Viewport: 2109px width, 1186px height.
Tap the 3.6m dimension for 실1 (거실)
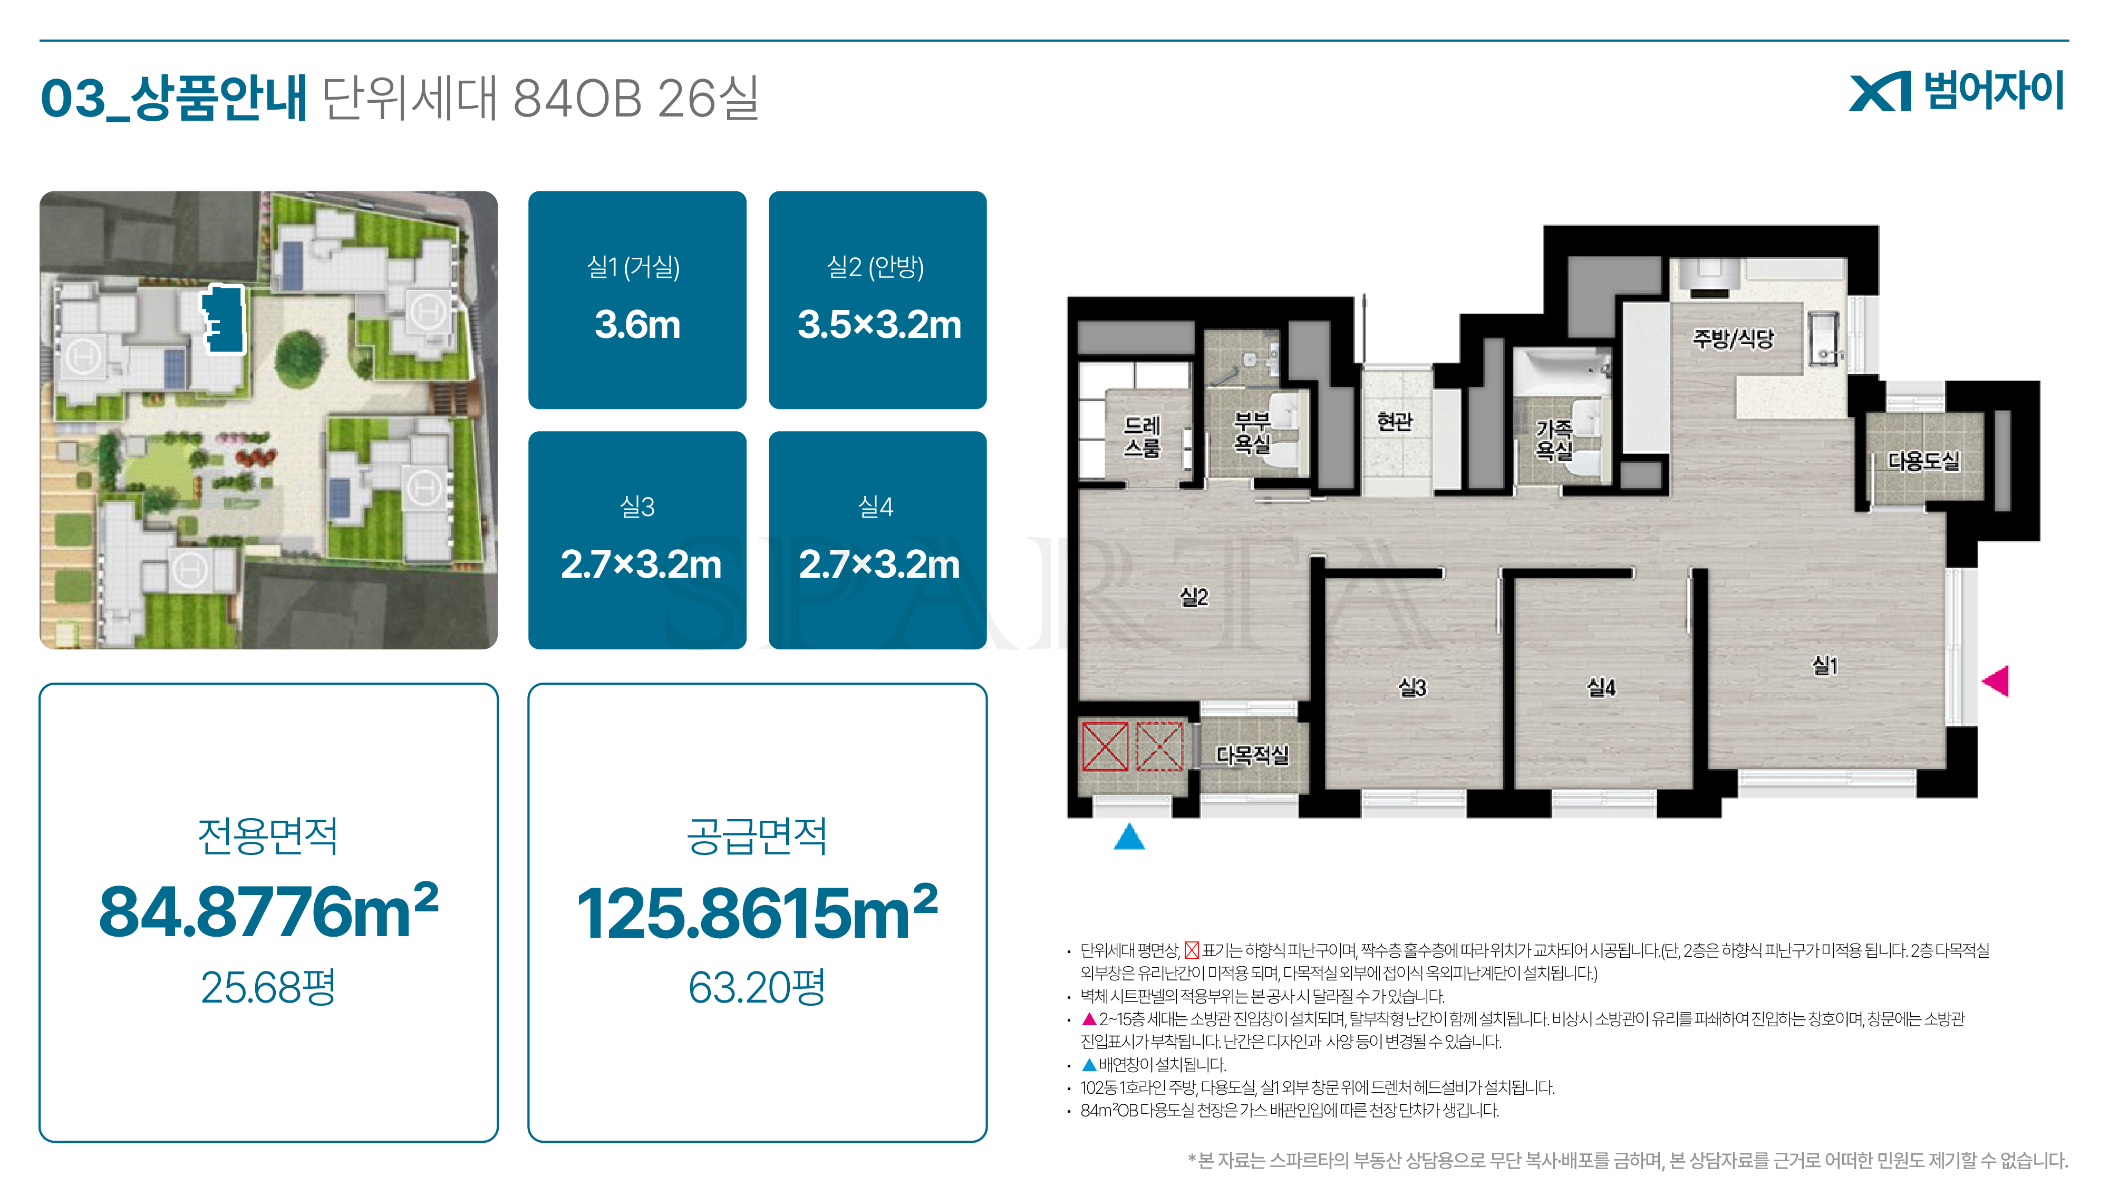pyautogui.click(x=637, y=325)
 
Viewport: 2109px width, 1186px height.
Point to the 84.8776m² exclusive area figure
pyautogui.click(x=268, y=911)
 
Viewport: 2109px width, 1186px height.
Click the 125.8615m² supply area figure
pyautogui.click(x=757, y=911)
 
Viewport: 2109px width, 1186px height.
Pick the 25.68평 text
pyautogui.click(x=268, y=987)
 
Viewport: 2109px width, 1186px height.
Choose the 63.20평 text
pyautogui.click(x=757, y=987)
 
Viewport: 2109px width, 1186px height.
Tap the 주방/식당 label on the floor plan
pyautogui.click(x=1733, y=338)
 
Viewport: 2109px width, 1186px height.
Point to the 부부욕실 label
pyautogui.click(x=1252, y=432)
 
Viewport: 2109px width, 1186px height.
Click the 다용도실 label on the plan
pyautogui.click(x=1924, y=461)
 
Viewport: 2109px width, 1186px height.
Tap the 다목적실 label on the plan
pyautogui.click(x=1252, y=755)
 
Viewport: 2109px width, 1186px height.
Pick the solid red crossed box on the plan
pyautogui.click(x=1105, y=746)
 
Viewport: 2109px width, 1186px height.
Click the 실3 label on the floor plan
pyautogui.click(x=1413, y=687)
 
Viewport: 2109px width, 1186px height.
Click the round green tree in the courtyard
pyautogui.click(x=299, y=357)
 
